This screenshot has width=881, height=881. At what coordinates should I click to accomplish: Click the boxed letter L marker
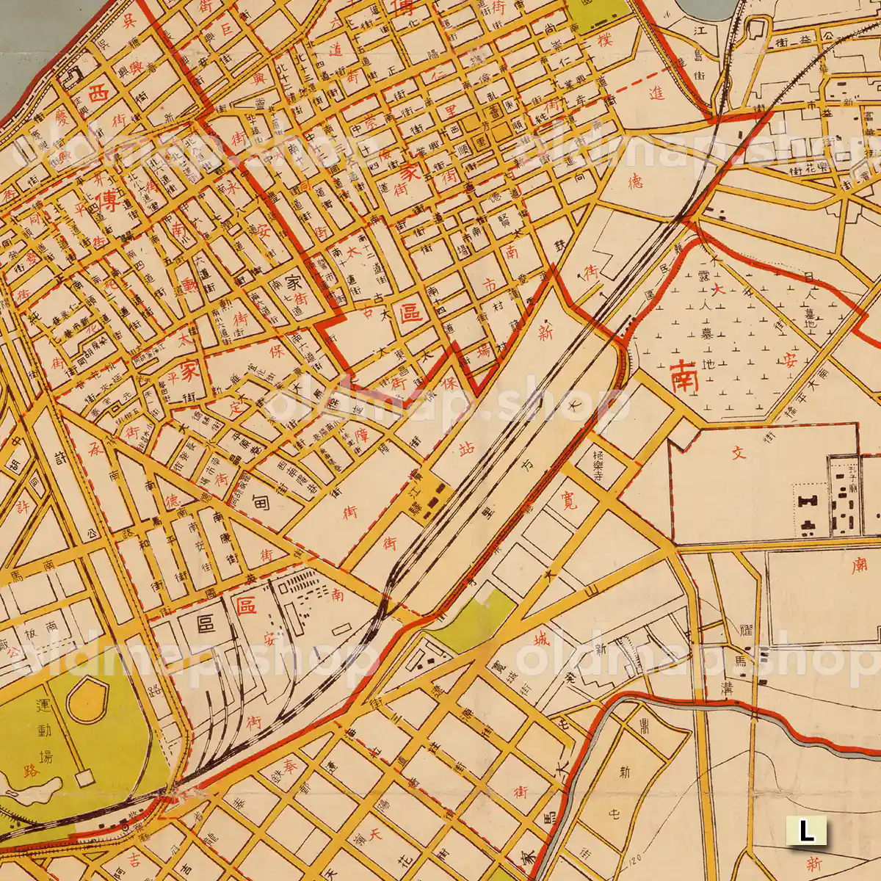806,831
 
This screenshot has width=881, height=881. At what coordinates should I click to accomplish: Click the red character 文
739,452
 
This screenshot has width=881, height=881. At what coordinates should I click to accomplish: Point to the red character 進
656,93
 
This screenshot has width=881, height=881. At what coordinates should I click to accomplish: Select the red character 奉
290,766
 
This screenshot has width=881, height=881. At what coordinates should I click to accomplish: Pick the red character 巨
225,29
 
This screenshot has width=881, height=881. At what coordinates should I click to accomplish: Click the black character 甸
260,503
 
